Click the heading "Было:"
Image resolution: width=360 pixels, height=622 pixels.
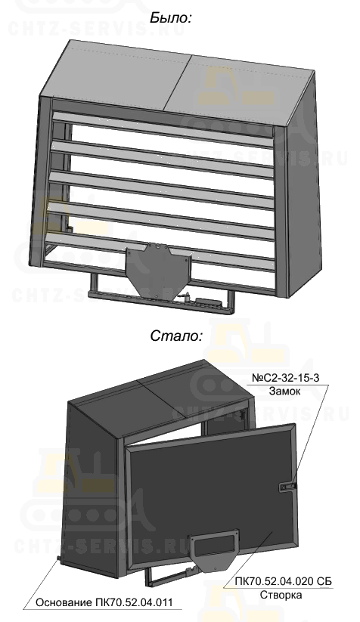coord(171,18)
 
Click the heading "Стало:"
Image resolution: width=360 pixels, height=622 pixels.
coord(176,336)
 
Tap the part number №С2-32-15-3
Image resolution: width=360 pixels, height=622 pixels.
coord(285,378)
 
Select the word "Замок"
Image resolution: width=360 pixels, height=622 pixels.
coord(285,391)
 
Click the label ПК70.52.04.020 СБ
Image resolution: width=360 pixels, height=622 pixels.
coord(283,581)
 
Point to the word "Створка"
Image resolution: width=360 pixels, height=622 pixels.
coord(281,595)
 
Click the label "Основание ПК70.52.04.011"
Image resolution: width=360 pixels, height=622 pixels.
coord(104,602)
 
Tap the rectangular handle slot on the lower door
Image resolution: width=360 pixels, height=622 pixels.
coord(214,542)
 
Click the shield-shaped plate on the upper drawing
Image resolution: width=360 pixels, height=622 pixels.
coord(157,268)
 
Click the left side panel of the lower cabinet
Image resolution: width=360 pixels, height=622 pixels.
coord(93,488)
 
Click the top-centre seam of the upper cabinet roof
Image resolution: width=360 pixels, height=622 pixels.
coord(178,82)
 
